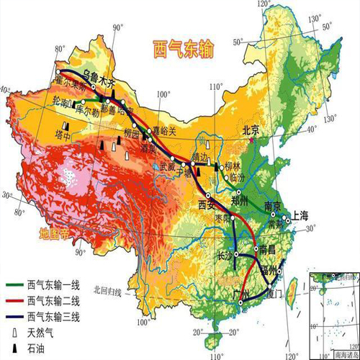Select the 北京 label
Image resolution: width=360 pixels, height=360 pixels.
251,131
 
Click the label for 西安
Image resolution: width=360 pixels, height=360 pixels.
207,205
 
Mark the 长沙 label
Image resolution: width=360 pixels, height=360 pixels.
225,255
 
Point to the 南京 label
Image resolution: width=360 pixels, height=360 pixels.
275,204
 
